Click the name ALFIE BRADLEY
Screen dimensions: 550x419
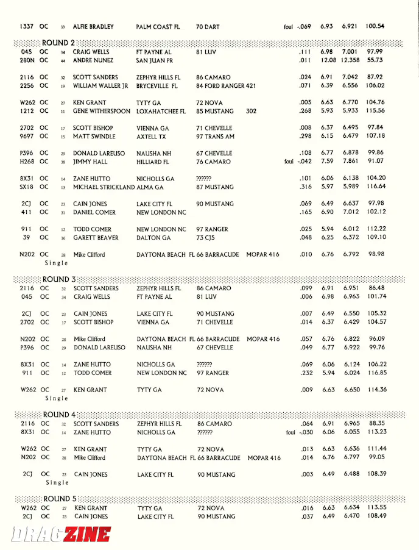tap(93, 27)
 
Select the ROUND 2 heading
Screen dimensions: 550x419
tap(58, 43)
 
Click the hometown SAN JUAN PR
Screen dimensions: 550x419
tap(155, 61)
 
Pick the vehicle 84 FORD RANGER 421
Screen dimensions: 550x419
tap(225, 86)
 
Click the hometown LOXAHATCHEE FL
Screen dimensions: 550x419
tap(160, 112)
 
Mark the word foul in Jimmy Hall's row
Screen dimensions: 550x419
tap(289, 162)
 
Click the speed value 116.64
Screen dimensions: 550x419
tap(376, 187)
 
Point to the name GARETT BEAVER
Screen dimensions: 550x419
tap(96, 238)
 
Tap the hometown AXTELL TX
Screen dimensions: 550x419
tap(153, 137)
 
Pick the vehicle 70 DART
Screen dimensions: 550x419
tap(208, 27)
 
